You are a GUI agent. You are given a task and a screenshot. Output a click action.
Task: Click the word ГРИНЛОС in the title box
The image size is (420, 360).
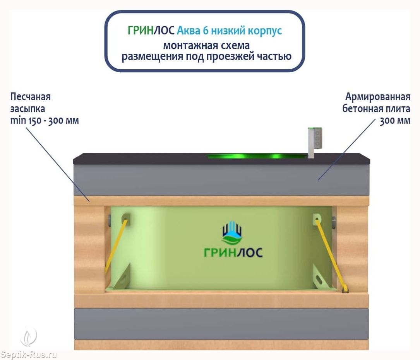(x=151, y=31)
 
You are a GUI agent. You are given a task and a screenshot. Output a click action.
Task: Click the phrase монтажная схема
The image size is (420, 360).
(x=206, y=45)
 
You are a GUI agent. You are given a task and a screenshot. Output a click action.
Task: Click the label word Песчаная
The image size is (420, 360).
(x=31, y=96)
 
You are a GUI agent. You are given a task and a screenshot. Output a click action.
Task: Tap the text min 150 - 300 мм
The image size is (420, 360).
(x=45, y=120)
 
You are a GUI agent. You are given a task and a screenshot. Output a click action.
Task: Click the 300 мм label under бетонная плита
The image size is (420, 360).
(x=395, y=120)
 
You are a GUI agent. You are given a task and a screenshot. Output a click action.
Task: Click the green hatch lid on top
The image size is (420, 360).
(x=256, y=156)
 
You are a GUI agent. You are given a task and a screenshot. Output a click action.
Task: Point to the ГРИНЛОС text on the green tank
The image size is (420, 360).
(x=233, y=252)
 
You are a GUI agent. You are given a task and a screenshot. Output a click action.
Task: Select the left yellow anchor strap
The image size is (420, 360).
(x=116, y=245)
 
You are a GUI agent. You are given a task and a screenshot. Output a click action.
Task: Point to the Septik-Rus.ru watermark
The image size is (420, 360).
(x=29, y=354)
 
